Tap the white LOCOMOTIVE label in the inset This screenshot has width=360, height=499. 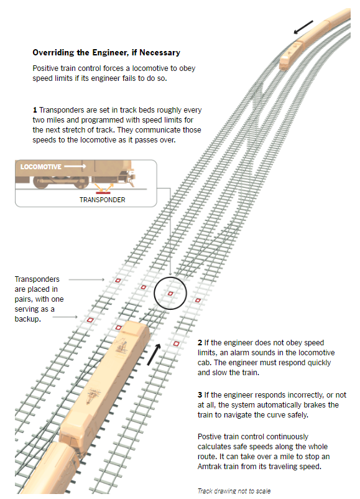coord(41,167)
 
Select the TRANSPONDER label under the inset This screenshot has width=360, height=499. coord(102,200)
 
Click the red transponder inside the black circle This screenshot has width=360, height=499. coord(170,293)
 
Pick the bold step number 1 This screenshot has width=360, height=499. coord(35,110)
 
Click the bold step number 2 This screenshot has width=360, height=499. coord(200,343)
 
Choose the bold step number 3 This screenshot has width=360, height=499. coord(200,395)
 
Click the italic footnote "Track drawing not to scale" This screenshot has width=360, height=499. coord(234,491)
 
